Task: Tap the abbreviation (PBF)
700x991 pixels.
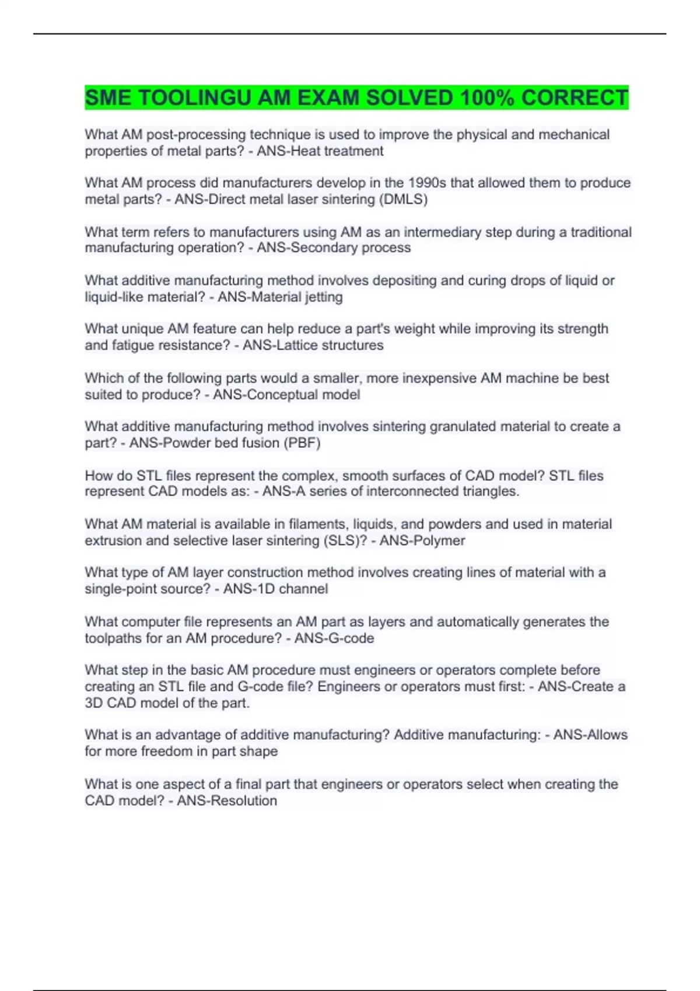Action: click(302, 443)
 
